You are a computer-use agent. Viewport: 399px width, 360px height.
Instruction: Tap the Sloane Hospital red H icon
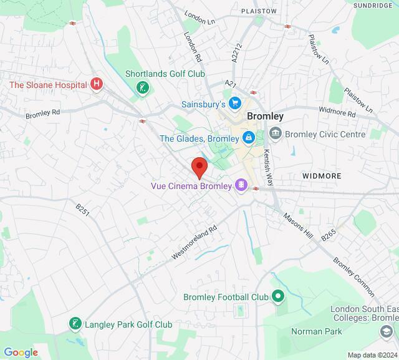point(96,84)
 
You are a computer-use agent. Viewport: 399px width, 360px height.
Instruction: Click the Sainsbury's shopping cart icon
point(234,103)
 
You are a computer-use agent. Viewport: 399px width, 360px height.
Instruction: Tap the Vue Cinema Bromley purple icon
point(241,186)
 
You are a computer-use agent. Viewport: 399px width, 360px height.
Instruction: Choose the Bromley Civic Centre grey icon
point(275,134)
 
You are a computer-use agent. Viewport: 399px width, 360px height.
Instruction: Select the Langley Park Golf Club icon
point(75,324)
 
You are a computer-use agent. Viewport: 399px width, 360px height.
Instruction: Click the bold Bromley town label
point(265,116)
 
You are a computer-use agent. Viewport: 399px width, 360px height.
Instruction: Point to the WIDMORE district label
point(322,176)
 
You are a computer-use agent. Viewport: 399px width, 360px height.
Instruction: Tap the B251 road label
point(83,210)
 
